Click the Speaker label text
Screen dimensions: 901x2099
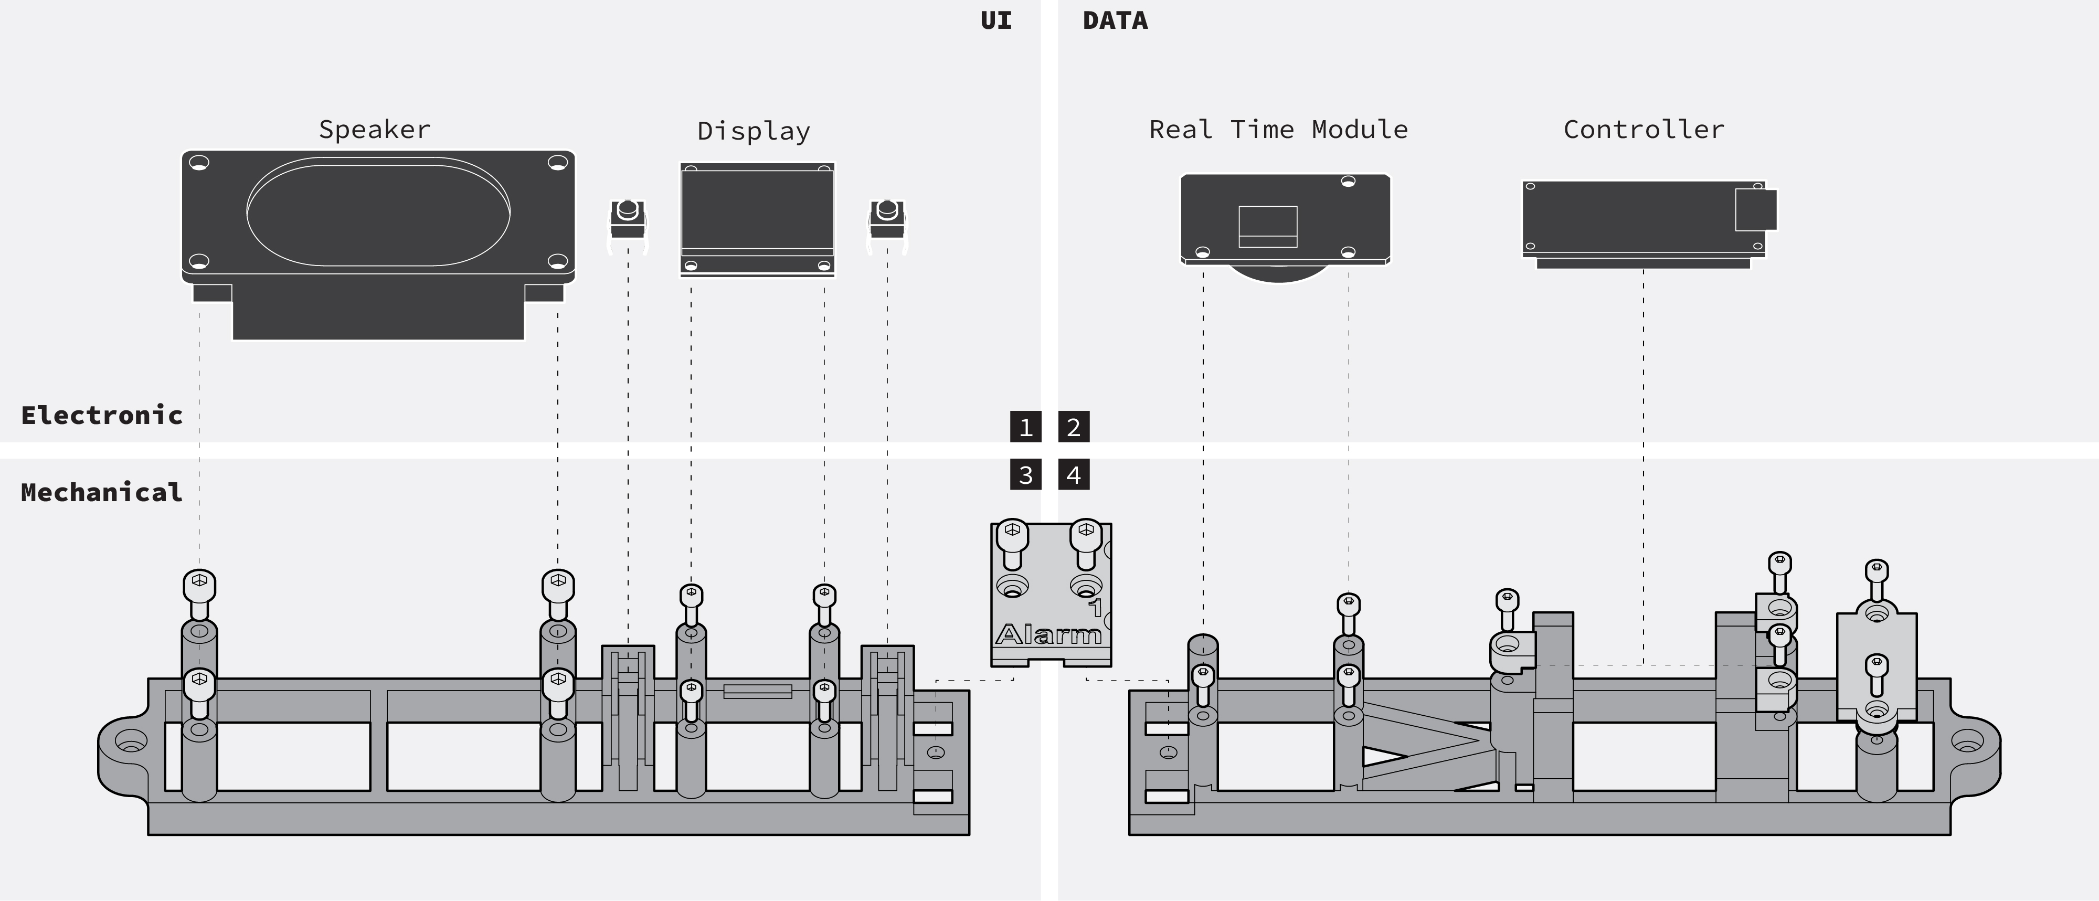point(374,130)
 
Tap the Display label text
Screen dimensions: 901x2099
point(754,131)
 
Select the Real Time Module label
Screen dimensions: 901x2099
point(1278,130)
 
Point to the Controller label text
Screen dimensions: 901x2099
point(1644,130)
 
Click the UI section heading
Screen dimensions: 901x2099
point(996,20)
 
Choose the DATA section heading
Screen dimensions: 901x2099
point(1115,20)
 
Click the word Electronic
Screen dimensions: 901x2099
point(102,416)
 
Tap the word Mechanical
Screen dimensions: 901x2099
point(102,492)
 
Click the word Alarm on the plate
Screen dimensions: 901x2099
point(1048,634)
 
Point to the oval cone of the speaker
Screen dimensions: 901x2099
point(378,212)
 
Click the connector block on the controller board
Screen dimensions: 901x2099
point(1755,209)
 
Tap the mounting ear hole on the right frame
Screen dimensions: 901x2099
point(1966,742)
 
